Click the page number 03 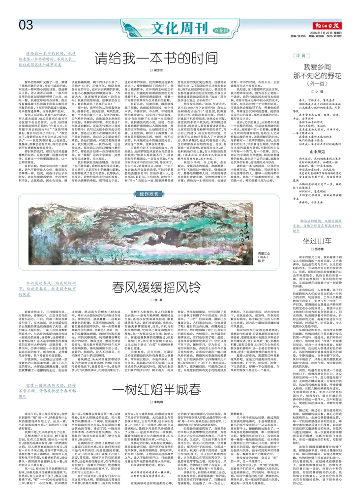tap(26, 24)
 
